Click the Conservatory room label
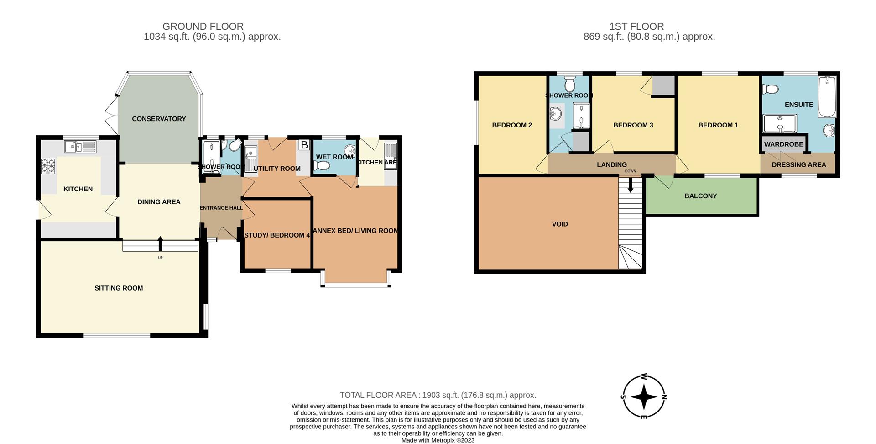click(x=159, y=119)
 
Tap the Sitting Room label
click(x=119, y=288)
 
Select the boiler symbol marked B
click(x=304, y=145)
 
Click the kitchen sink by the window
click(x=80, y=147)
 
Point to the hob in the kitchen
click(x=48, y=166)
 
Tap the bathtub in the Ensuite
click(x=827, y=97)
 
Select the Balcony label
click(x=701, y=196)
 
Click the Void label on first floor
click(x=560, y=224)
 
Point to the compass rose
click(x=644, y=396)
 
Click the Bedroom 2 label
click(x=512, y=125)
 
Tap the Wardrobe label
click(x=784, y=144)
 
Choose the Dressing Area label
click(x=799, y=165)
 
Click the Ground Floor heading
click(x=203, y=26)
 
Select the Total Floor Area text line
click(x=438, y=395)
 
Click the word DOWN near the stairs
click(x=631, y=171)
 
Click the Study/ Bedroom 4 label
click(x=277, y=235)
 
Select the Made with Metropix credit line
click(x=438, y=440)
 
